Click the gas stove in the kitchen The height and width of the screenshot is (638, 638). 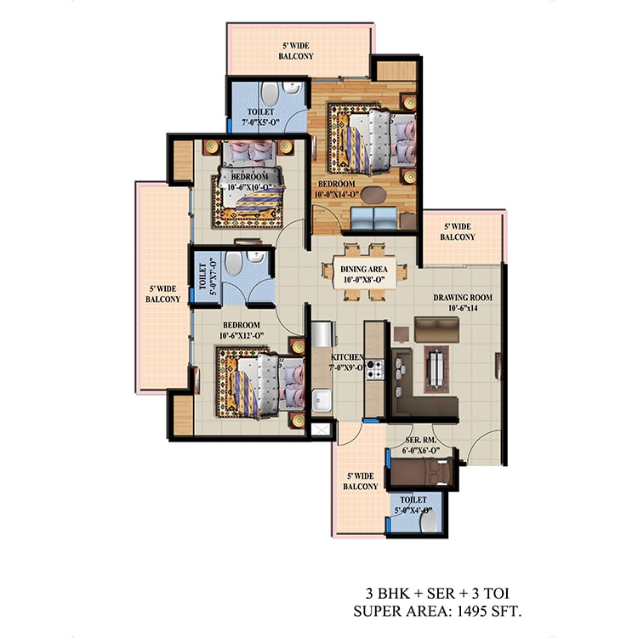[375, 369]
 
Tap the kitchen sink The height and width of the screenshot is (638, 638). [322, 401]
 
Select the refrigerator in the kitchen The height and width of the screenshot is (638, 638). [323, 334]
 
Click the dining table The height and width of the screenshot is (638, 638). [364, 272]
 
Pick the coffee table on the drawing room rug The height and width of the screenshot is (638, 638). [436, 369]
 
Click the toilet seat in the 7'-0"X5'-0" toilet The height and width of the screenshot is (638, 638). [270, 94]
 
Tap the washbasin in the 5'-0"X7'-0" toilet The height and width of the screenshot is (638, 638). [257, 257]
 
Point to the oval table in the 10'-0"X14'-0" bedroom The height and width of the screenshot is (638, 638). [373, 195]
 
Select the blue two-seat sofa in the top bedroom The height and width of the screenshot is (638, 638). [373, 218]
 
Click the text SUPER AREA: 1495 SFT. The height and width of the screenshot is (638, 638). [437, 611]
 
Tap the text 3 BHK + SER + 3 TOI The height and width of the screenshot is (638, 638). [437, 594]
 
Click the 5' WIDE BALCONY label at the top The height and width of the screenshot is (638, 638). [296, 51]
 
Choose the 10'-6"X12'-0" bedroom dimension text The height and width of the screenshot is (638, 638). [242, 336]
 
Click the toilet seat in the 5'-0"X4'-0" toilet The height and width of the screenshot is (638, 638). [429, 521]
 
